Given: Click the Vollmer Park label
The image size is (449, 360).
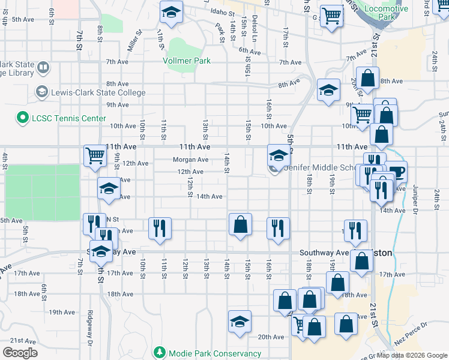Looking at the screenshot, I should coord(187,61).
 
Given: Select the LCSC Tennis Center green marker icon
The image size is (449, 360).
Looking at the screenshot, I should coord(23,118).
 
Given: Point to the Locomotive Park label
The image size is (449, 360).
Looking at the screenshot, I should coord(387,14).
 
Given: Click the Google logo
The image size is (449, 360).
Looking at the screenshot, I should coord(20,352).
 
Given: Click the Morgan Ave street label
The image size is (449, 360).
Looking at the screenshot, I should coord(190,160).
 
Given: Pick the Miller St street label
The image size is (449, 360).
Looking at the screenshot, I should coord(134,41).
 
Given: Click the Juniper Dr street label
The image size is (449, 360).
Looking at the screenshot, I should coord(415,202).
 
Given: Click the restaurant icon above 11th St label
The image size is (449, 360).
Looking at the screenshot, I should coord(160,227).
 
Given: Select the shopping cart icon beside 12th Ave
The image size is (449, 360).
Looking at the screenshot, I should coord(95,156).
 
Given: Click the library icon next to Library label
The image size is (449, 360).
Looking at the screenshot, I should coord(43,68).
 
